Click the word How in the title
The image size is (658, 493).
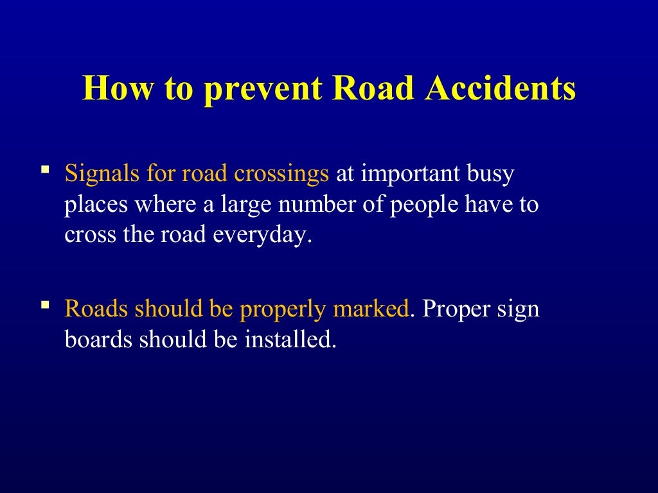pos(116,89)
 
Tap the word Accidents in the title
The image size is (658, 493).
pos(501,89)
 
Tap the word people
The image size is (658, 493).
pos(420,205)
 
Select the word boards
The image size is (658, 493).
pos(96,340)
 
